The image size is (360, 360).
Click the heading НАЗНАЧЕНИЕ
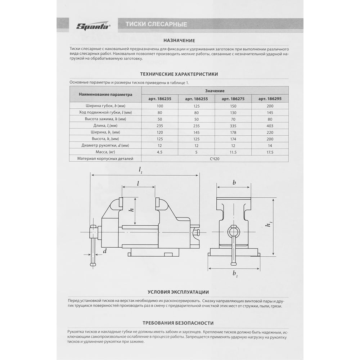tap(179, 41)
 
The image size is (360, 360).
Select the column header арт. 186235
tap(160, 99)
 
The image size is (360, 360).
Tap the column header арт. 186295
tap(270, 99)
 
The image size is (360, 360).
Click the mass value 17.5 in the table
tap(270, 152)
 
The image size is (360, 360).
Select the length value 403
tap(270, 126)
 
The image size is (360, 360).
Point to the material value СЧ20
tap(215, 158)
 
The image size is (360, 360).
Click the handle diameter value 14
tap(270, 145)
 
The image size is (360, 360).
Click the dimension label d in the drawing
tap(105, 251)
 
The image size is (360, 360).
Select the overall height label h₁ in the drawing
tap(269, 225)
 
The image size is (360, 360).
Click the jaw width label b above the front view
tap(234, 183)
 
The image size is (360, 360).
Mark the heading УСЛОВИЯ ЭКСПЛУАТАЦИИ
tap(178, 292)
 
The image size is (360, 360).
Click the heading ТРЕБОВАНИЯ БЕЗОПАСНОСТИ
tap(178, 323)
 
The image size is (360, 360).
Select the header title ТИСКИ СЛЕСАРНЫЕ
tap(156, 24)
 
